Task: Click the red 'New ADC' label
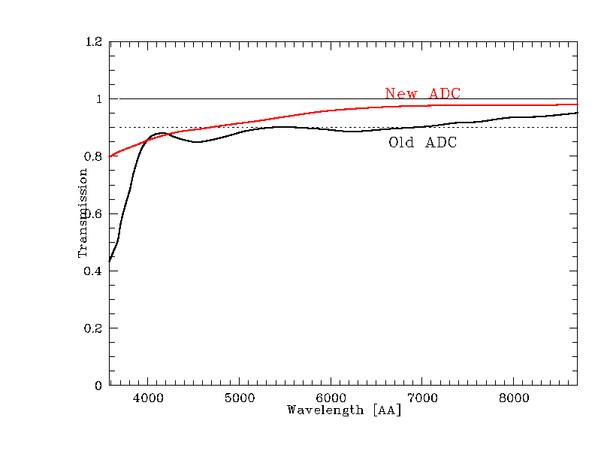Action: [x=422, y=94]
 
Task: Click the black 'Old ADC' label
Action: [x=422, y=143]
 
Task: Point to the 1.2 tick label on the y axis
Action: [x=94, y=42]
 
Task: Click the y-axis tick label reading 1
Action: [x=98, y=99]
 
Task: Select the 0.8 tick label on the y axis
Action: [x=94, y=156]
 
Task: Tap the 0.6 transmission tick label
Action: [x=94, y=213]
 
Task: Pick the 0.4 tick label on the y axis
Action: [x=94, y=271]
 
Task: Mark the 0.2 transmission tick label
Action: [x=94, y=328]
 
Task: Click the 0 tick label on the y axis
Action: [x=98, y=386]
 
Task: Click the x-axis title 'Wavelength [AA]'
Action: [x=344, y=410]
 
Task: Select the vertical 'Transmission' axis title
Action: [x=83, y=213]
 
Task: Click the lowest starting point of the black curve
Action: [x=110, y=261]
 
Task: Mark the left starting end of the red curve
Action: [x=110, y=156]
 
